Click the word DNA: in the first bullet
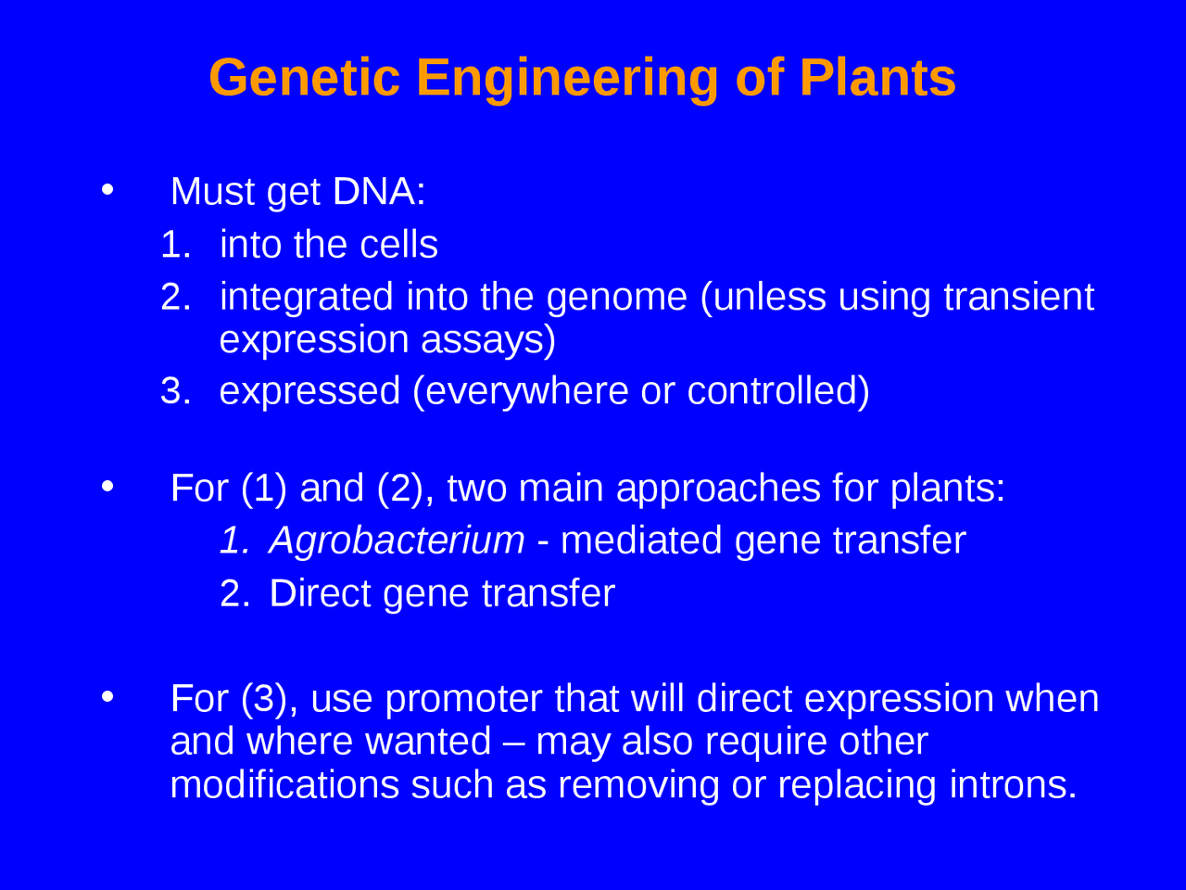click(379, 192)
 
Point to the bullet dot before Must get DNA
click(107, 190)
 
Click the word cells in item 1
click(398, 246)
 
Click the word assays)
click(488, 340)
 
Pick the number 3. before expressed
click(175, 391)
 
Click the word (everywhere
click(520, 392)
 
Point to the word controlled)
click(778, 391)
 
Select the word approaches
click(718, 489)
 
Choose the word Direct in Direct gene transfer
click(320, 594)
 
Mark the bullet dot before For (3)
click(107, 696)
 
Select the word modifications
click(284, 785)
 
